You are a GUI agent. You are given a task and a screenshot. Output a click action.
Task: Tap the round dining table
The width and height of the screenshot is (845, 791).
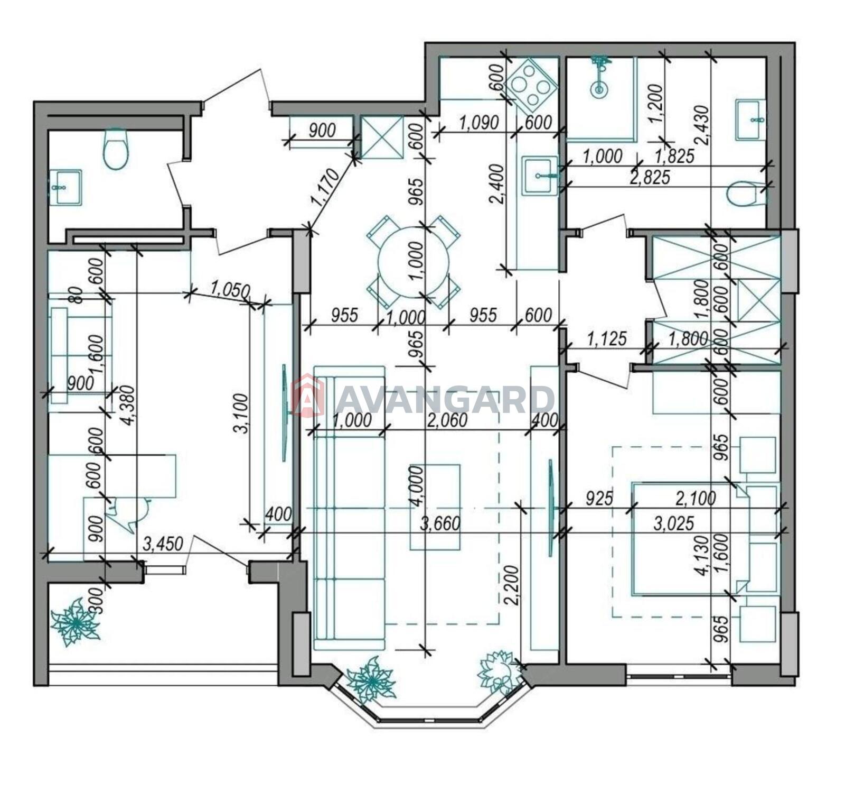414,261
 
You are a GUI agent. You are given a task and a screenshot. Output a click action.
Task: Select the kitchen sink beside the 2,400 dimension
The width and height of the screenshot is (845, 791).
540,176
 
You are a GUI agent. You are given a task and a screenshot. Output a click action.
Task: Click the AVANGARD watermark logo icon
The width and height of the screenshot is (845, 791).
308,395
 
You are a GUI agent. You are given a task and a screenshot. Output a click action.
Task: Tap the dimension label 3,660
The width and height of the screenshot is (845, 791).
440,523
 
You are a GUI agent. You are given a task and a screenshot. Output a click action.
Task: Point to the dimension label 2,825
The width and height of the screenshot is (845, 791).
650,177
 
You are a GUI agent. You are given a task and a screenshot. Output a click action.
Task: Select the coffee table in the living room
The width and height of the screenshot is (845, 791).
435,507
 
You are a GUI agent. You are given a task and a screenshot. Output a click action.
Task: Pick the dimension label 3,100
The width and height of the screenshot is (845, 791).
241,413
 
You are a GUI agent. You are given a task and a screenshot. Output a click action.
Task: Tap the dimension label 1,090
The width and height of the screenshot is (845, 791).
479,123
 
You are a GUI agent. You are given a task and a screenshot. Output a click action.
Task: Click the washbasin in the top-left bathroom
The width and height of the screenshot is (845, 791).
65,187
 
